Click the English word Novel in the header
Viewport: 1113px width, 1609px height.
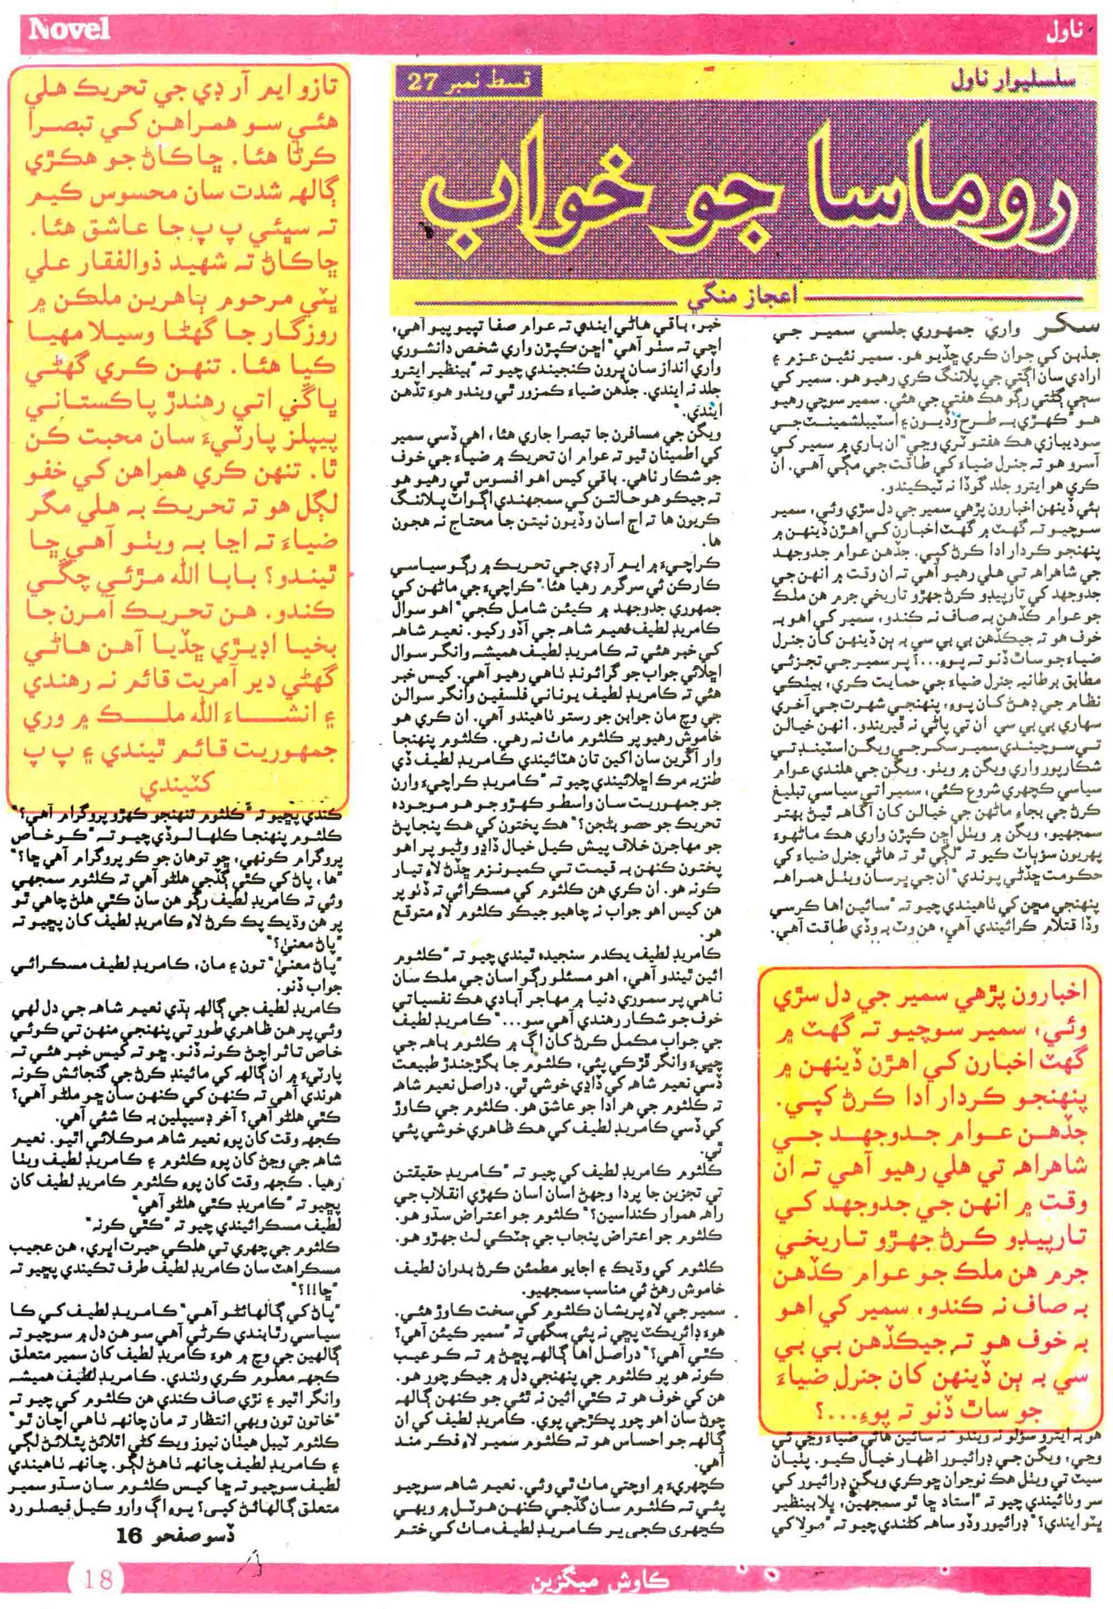pyautogui.click(x=70, y=29)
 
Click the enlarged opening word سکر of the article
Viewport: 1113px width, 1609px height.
pyautogui.click(x=1060, y=332)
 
